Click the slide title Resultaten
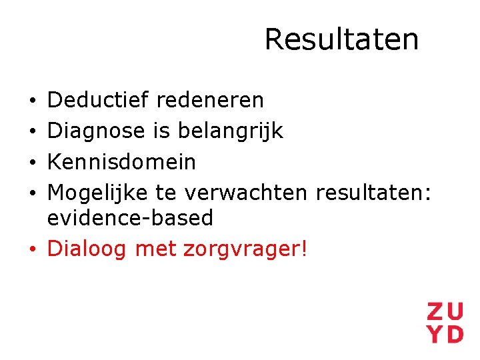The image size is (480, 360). point(341,39)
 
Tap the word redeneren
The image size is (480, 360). point(210,101)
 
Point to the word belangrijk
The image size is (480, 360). point(230,131)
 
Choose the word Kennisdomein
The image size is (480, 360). point(122,162)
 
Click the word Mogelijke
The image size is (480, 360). point(99,193)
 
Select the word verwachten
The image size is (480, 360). point(246,193)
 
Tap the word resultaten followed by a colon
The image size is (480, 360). point(373,193)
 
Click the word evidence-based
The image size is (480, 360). point(131,218)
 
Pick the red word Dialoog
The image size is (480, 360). point(88,249)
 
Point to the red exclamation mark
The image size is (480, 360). point(305,249)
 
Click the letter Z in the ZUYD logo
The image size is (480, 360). point(435,311)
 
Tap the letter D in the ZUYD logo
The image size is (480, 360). point(454,333)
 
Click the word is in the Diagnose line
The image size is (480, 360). point(161,131)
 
